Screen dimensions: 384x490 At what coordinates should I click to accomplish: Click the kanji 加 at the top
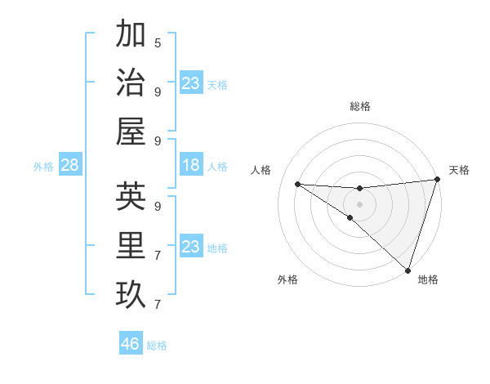(131, 34)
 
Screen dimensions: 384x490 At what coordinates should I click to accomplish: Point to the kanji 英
(131, 197)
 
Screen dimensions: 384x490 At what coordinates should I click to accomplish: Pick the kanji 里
(131, 246)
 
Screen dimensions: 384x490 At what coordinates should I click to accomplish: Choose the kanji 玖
(131, 295)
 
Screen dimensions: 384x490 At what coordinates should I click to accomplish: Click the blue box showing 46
(131, 344)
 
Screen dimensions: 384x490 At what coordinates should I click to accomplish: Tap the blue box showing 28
(70, 166)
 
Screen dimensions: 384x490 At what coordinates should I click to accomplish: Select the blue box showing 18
(190, 166)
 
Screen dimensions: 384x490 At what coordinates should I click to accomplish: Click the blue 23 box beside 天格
(190, 83)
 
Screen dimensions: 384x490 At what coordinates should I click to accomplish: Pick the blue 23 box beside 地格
(190, 247)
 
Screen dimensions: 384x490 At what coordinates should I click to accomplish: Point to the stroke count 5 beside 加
(158, 42)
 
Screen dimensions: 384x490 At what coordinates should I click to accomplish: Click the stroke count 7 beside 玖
(158, 305)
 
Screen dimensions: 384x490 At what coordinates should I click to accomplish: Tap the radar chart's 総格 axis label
(359, 106)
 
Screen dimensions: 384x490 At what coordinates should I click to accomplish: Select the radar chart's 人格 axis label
(261, 170)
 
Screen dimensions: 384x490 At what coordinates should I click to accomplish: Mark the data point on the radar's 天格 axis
(437, 181)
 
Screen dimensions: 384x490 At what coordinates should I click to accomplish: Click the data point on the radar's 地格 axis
(408, 270)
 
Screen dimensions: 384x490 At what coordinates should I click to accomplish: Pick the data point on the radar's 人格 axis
(297, 184)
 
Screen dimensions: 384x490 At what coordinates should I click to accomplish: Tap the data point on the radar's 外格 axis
(350, 217)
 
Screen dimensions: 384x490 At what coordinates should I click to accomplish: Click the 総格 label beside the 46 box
(157, 346)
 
